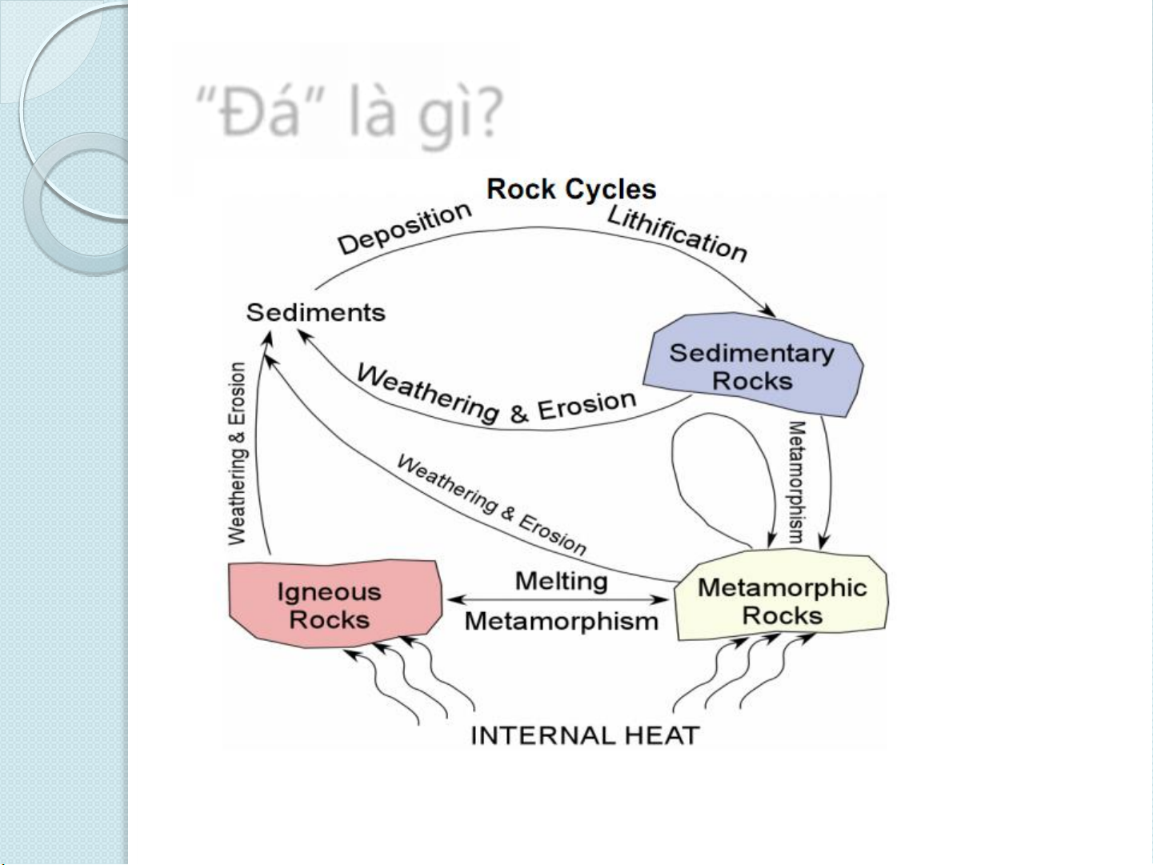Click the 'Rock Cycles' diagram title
571,190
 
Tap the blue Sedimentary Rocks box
752,365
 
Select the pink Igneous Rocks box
334,603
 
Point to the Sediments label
315,312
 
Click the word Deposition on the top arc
404,228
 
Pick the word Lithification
677,233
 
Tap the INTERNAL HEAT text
584,735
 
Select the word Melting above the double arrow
561,581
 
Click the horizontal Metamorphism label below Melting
561,621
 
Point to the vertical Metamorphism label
796,483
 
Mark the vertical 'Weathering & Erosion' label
238,454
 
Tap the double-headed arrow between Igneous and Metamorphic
558,600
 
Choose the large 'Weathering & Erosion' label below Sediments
496,395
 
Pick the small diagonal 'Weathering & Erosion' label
491,504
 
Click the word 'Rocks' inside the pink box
329,619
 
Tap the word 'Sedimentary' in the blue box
751,353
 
